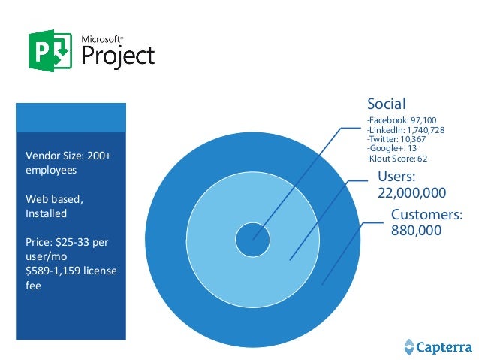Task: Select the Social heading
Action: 386,104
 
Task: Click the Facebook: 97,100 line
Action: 401,120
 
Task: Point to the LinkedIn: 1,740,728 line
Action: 405,130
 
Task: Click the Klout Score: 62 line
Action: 396,159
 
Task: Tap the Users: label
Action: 396,177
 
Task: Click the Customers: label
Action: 426,216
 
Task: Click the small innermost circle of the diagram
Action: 253,241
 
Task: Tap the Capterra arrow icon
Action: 408,346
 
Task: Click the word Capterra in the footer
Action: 443,346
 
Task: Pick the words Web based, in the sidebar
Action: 54,199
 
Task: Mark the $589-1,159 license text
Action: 71,271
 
